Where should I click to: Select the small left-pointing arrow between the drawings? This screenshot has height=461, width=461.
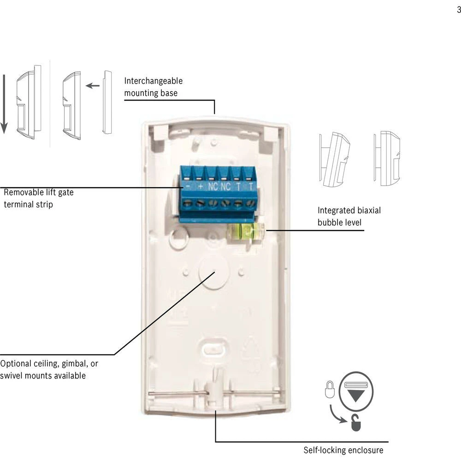93,85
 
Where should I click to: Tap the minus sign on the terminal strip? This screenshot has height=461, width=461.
188,187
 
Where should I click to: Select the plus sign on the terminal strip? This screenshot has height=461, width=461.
201,187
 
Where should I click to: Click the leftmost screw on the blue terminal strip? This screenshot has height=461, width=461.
188,203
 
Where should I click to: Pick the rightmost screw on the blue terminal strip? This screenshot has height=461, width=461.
250,203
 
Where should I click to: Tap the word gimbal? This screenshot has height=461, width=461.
68,364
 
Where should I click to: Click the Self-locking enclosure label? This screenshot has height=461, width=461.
343,450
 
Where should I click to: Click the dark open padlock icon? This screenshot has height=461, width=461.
355,423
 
